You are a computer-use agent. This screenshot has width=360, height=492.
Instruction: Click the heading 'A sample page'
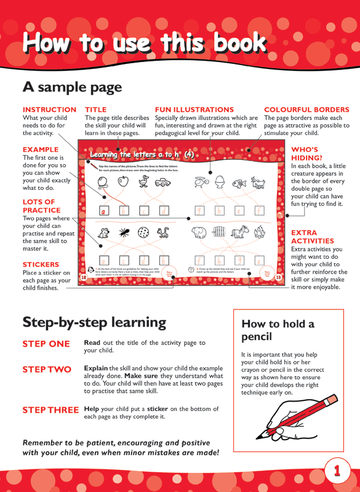click(x=72, y=87)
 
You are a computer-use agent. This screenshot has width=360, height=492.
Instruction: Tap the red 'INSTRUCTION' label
click(x=49, y=109)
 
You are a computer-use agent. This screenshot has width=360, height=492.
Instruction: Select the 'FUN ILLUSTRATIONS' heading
click(x=194, y=109)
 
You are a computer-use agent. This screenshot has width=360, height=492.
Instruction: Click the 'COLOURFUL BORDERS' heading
click(x=306, y=109)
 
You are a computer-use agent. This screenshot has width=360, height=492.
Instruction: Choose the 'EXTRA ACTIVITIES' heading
click(x=313, y=237)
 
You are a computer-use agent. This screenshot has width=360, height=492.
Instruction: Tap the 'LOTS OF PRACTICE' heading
click(x=42, y=206)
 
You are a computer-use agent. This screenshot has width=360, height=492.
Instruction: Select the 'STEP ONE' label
click(x=46, y=344)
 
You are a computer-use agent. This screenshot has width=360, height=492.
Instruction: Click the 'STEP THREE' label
click(x=50, y=410)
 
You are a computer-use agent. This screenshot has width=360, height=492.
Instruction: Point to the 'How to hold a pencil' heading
click(x=278, y=330)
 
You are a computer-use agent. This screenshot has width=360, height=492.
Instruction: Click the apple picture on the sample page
click(x=122, y=181)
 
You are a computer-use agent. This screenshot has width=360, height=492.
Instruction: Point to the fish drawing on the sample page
click(x=239, y=183)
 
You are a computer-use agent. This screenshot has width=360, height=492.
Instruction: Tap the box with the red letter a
click(x=104, y=210)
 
